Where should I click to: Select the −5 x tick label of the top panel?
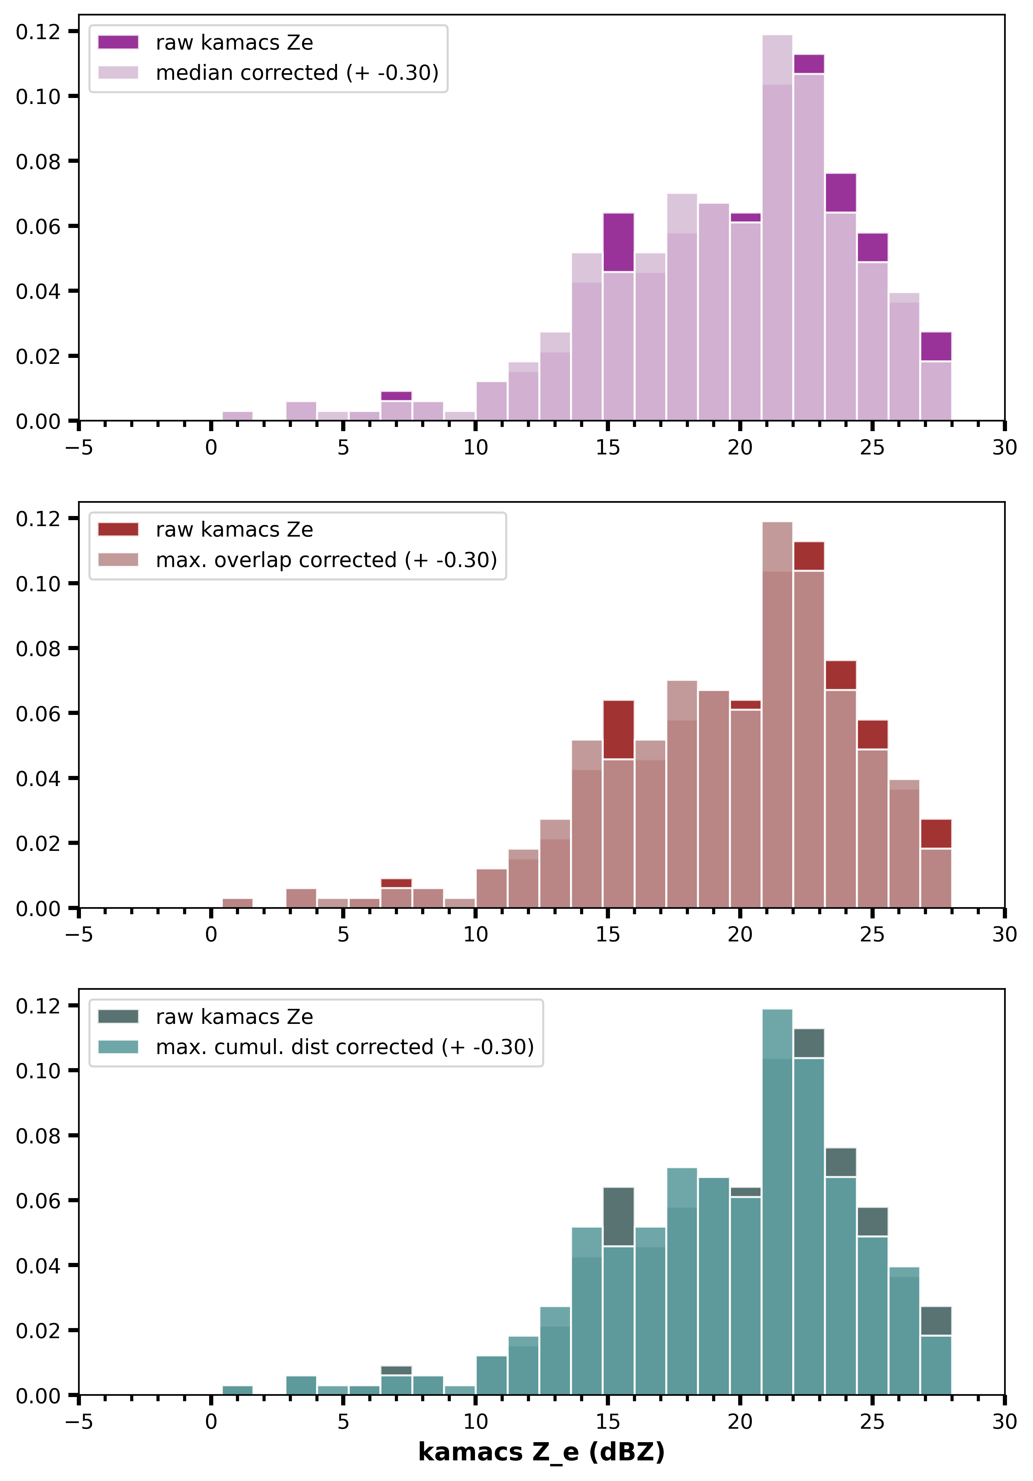point(79,448)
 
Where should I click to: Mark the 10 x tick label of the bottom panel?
point(475,1422)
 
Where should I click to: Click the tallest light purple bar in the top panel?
point(777,226)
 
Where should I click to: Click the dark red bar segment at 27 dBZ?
point(936,833)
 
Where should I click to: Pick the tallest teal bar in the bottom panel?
point(777,1200)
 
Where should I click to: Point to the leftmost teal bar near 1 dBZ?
point(237,1390)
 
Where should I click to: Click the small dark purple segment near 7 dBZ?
point(396,396)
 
